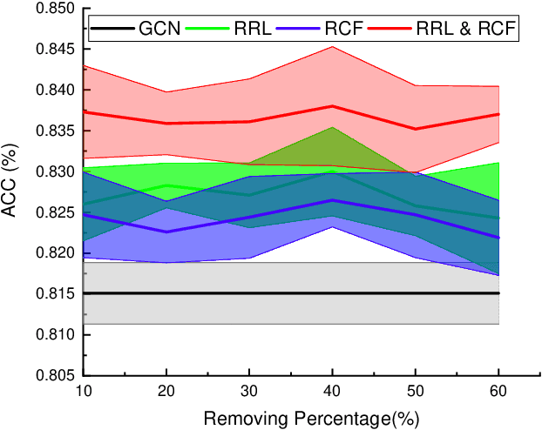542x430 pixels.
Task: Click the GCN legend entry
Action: click(159, 29)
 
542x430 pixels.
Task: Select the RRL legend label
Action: click(254, 29)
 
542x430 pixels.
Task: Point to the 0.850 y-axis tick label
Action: click(55, 9)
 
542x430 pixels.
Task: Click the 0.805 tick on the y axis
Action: click(55, 375)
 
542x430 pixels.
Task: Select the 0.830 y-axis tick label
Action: click(55, 171)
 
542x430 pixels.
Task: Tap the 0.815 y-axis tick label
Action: click(55, 294)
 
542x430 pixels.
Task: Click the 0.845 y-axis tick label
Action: click(55, 50)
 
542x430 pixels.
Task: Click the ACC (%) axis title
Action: click(15, 191)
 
